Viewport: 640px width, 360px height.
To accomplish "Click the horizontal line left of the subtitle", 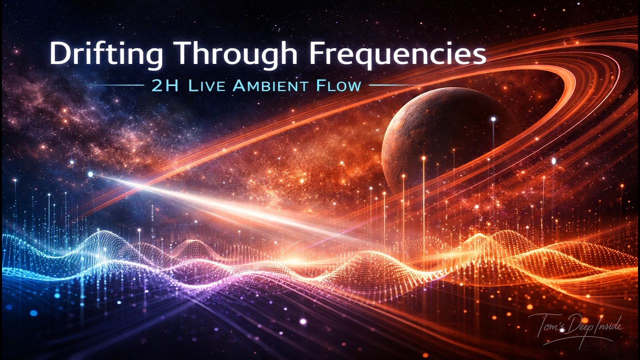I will pyautogui.click(x=118, y=85).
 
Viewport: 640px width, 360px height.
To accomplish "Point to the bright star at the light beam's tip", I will pyautogui.click(x=90, y=174).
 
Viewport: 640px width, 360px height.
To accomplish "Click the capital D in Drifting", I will pyautogui.click(x=59, y=53).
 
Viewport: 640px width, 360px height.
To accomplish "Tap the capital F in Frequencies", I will pyautogui.click(x=316, y=53).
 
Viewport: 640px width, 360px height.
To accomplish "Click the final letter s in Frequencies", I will pyautogui.click(x=479, y=55).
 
